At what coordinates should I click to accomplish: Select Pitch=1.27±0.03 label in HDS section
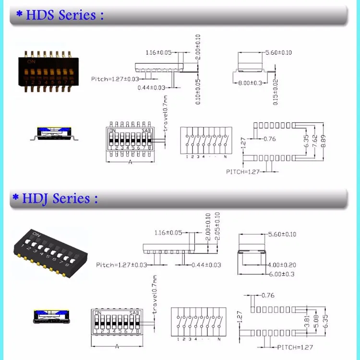click(114, 79)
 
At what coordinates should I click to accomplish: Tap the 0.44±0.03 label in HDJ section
click(206, 264)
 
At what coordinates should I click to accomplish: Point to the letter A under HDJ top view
click(116, 346)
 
